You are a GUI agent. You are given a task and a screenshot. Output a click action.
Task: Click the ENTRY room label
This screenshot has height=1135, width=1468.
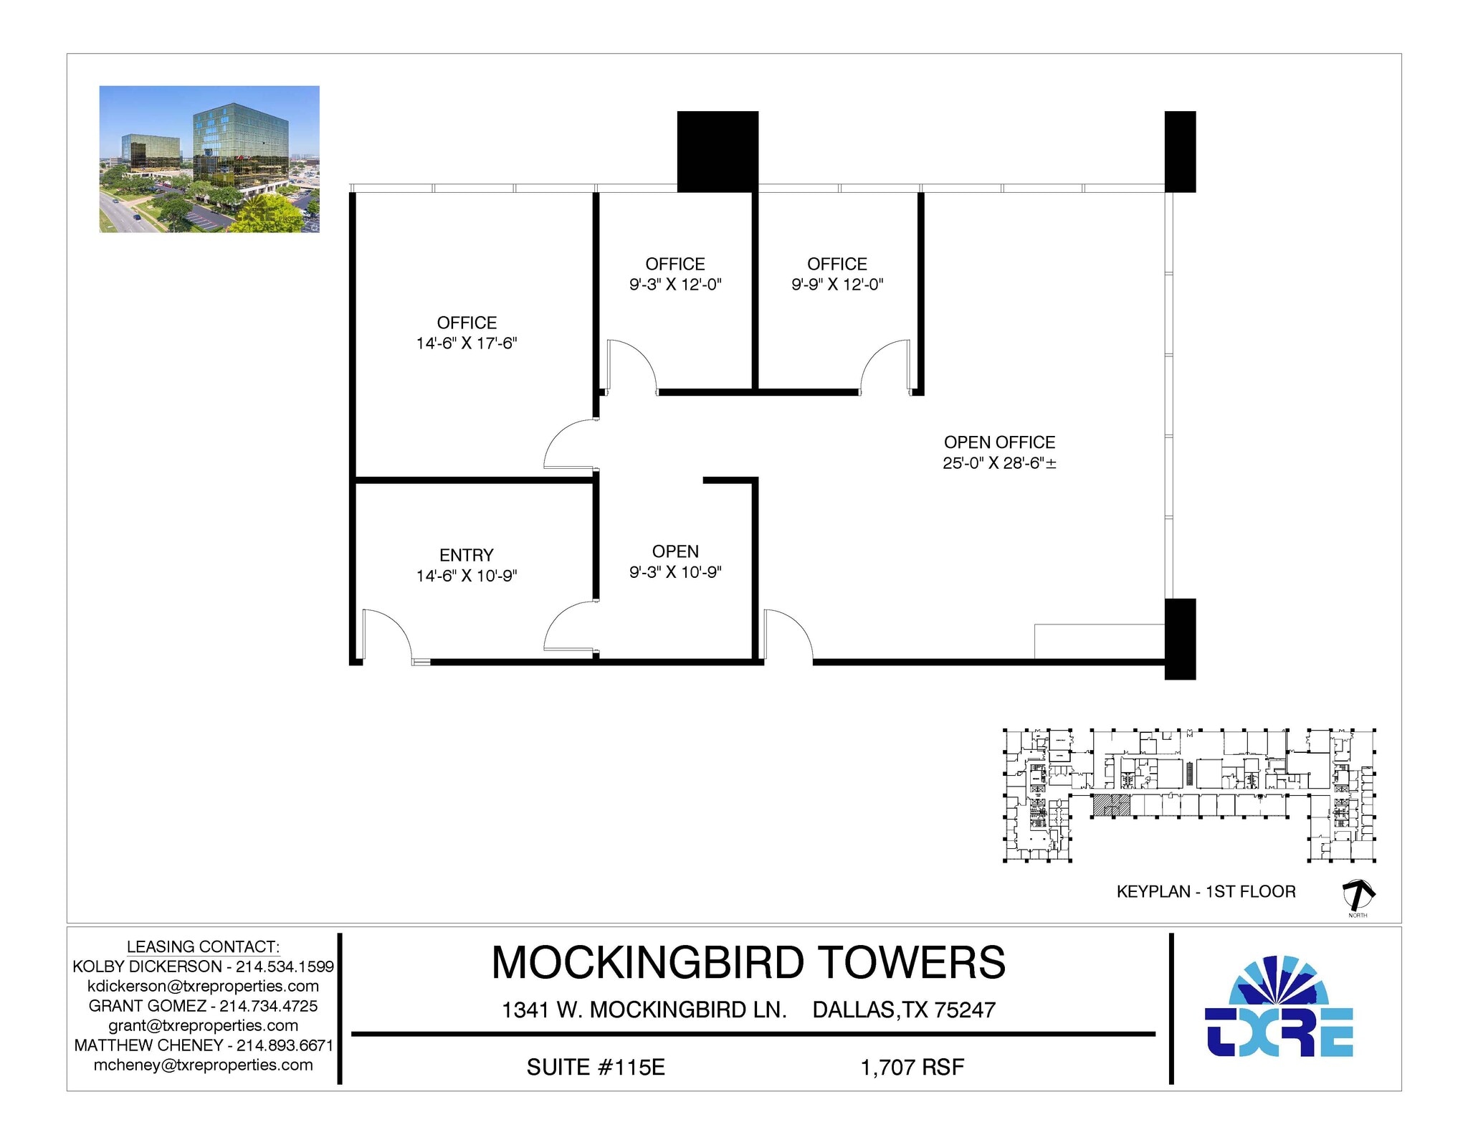coord(466,555)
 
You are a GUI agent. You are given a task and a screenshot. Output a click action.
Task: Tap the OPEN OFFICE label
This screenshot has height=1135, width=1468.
coord(999,442)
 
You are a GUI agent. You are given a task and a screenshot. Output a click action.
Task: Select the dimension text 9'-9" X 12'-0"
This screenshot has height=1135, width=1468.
coord(837,285)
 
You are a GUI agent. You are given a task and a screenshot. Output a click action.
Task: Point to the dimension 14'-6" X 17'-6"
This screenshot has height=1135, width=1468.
coord(467,343)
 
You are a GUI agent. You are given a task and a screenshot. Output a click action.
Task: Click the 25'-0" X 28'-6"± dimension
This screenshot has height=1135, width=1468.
coord(999,463)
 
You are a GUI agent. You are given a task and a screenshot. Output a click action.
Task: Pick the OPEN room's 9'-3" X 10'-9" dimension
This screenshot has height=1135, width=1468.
coord(675,572)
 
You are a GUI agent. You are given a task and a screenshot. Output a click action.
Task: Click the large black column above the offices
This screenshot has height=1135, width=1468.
coord(718,151)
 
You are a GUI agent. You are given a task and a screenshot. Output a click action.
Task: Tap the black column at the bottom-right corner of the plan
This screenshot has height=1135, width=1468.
coord(1180,638)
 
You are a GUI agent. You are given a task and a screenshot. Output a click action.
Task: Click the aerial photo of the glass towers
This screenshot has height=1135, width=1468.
coord(209,159)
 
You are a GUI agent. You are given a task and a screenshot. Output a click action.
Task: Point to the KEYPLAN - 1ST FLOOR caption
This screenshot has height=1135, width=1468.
coord(1206,892)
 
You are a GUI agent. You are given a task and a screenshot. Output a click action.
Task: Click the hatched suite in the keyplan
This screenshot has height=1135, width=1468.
coord(1111,805)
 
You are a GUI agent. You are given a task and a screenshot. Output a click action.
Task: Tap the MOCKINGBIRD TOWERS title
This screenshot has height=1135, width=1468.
coord(748,962)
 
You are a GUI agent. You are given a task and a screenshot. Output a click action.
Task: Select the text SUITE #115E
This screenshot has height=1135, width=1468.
coord(596,1067)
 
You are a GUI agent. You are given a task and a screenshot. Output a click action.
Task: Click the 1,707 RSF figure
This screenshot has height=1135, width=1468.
coord(912,1067)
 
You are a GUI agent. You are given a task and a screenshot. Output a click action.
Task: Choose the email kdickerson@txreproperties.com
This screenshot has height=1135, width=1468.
coord(203,986)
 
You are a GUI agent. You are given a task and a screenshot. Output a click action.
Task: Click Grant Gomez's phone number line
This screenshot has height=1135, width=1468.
coord(203,1006)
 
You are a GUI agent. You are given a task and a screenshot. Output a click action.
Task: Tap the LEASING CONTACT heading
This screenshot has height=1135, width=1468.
coord(203,946)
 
